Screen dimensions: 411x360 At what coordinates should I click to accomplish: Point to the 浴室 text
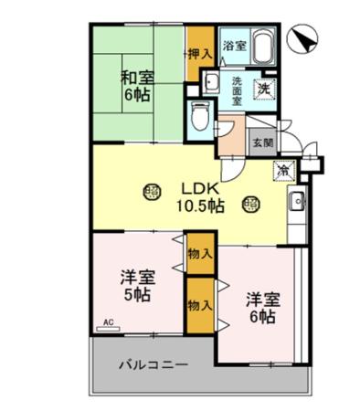click(234, 43)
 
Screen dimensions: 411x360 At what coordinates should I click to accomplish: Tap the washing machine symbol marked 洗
click(263, 90)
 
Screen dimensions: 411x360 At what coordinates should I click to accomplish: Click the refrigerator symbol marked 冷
click(284, 170)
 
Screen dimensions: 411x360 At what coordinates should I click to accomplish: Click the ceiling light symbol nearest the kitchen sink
click(249, 205)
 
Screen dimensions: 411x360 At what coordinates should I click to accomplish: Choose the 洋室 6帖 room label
click(259, 308)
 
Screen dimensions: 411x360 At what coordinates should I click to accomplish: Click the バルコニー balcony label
click(153, 364)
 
